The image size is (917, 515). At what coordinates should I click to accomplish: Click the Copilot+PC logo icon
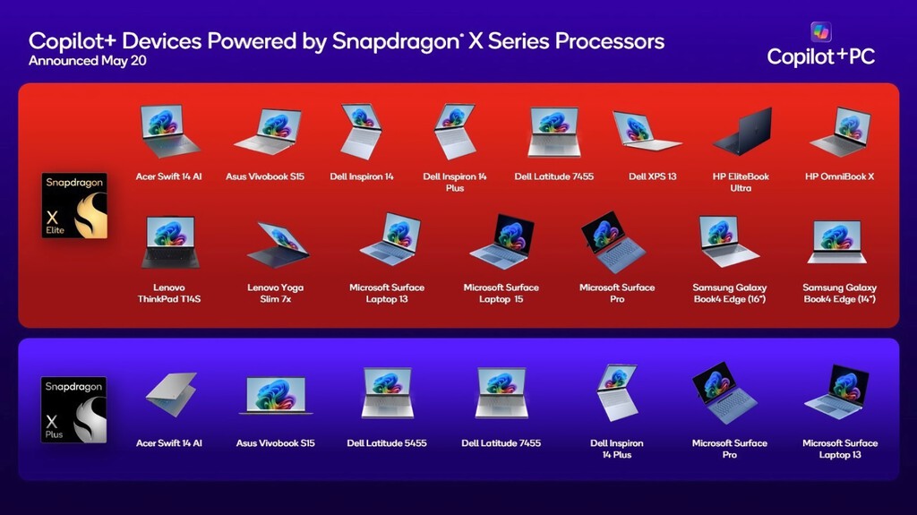821,32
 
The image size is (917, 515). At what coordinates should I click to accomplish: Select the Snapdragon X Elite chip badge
74,206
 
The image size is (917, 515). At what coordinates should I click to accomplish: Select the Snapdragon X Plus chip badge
74,410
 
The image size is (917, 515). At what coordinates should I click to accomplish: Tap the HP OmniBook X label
839,176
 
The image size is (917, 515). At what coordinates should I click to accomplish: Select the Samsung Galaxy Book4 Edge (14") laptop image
837,241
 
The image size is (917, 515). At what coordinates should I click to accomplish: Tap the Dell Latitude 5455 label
386,443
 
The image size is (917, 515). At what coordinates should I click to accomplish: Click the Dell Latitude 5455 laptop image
387,393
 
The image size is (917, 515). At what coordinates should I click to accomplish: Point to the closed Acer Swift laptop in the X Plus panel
170,394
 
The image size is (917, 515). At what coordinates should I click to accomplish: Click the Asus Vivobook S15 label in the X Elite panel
265,176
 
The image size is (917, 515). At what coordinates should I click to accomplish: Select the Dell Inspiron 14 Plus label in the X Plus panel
616,449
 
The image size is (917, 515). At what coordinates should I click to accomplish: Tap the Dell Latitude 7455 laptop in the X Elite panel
553,132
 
